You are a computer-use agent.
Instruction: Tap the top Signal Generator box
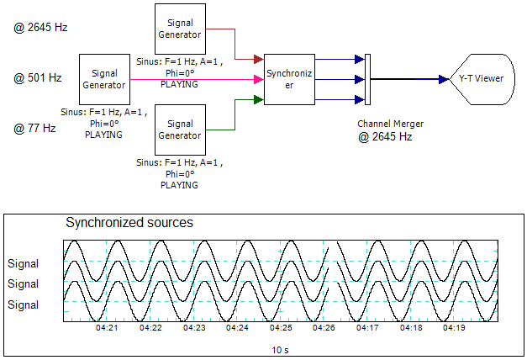179,29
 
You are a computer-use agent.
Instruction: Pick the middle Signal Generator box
103,79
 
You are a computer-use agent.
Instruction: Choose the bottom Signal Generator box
179,130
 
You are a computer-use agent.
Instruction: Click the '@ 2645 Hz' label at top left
40,28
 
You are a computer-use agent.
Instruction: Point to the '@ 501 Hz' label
38,78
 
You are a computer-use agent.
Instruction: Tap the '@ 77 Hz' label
34,129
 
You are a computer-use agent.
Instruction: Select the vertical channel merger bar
367,80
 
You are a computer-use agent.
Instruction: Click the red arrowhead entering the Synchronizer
259,60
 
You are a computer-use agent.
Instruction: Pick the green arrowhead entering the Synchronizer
259,100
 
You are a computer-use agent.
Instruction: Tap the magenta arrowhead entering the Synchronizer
259,80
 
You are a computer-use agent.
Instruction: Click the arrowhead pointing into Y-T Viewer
443,80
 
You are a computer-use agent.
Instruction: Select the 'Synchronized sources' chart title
129,224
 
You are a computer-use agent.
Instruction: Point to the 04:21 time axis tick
107,328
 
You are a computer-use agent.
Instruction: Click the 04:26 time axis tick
324,328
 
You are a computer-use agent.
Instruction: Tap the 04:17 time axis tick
367,328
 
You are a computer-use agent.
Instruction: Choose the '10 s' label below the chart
281,348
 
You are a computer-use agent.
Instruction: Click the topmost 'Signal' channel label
24,263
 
